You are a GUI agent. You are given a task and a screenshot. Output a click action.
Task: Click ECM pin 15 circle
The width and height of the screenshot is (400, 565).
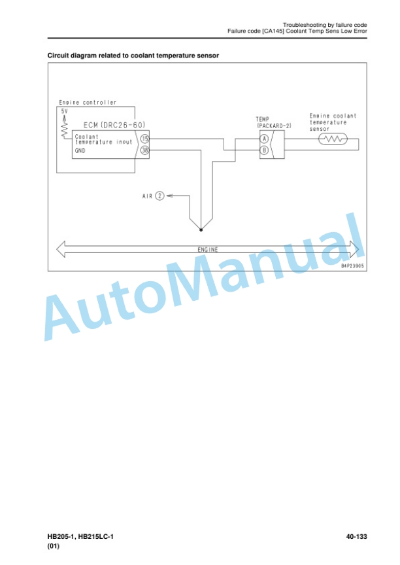[x=144, y=139]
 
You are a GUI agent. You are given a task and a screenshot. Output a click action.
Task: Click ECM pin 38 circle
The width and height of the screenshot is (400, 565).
[x=144, y=150]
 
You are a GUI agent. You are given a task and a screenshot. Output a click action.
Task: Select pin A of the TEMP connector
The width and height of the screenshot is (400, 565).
[x=264, y=139]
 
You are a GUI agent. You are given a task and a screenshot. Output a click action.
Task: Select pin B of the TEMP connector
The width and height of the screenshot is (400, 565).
[x=264, y=150]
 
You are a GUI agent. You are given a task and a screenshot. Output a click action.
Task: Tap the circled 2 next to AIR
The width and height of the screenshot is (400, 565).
[x=159, y=196]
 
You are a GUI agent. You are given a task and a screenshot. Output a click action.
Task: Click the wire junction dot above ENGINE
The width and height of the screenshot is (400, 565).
[x=201, y=230]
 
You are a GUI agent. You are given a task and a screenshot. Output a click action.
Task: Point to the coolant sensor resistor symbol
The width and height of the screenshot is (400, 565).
[x=333, y=139]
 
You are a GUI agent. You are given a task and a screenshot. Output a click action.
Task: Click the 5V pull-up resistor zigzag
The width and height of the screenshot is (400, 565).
[x=65, y=129]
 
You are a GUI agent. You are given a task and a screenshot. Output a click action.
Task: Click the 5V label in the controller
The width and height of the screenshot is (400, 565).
[x=64, y=111]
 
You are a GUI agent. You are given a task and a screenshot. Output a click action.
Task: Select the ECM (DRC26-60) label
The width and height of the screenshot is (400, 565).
[x=114, y=125]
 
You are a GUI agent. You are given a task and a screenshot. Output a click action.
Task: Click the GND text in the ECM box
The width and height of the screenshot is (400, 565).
[x=80, y=150]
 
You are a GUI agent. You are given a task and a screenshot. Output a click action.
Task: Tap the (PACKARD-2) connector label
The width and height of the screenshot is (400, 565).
[x=275, y=126]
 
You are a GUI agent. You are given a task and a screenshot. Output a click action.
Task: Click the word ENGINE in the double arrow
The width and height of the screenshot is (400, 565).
[x=208, y=249]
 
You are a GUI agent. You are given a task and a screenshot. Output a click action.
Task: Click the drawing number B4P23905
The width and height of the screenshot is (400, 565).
[x=352, y=266]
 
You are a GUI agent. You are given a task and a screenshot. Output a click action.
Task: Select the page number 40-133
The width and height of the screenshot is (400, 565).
[x=356, y=536]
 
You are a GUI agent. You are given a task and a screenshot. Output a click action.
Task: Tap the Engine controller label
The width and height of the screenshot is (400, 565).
[x=88, y=103]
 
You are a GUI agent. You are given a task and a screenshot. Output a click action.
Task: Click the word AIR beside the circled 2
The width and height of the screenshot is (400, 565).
[x=147, y=196]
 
